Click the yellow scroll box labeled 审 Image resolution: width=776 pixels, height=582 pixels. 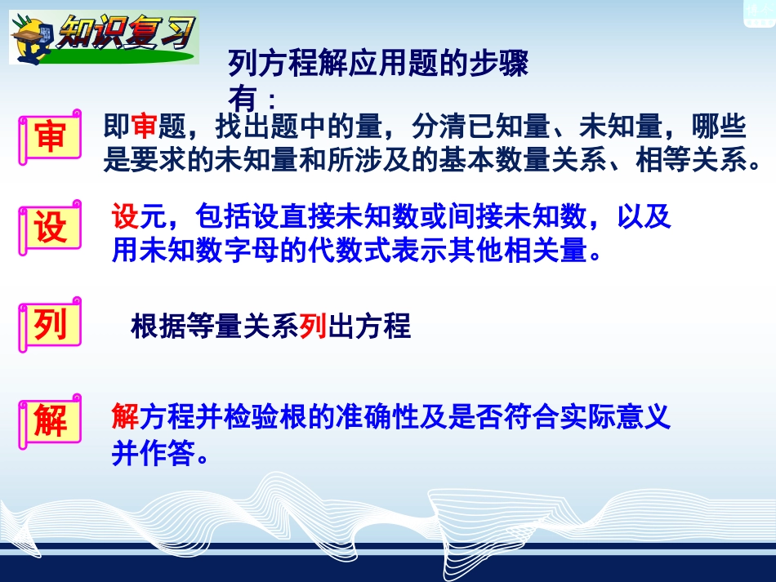coord(50,136)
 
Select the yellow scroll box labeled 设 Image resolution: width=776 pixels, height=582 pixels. coord(50,228)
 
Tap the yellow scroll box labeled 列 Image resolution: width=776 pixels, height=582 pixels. coord(50,325)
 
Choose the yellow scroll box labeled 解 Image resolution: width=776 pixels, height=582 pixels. coord(50,421)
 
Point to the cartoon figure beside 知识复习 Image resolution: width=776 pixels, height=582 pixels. coord(36,38)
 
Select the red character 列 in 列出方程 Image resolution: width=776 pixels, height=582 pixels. coord(313,327)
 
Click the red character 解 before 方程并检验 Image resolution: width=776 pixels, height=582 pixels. coord(125,418)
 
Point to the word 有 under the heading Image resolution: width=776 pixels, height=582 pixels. coord(243,100)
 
